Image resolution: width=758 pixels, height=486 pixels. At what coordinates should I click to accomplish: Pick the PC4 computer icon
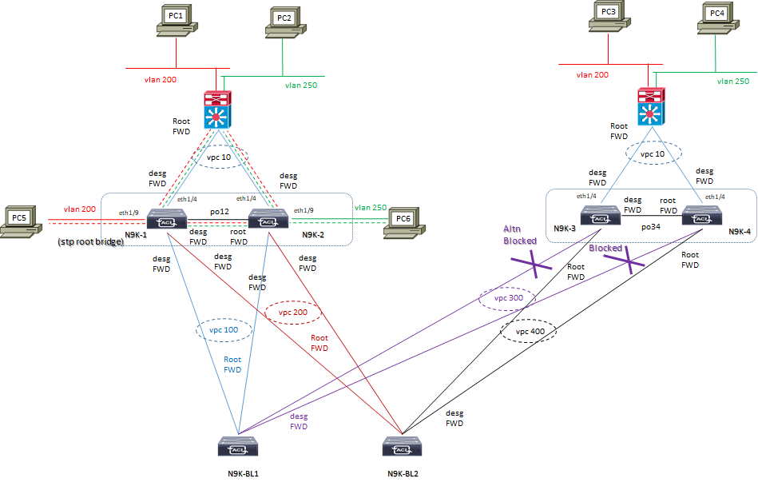tap(716, 18)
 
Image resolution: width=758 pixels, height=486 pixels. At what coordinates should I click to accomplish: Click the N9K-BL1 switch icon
tap(237, 446)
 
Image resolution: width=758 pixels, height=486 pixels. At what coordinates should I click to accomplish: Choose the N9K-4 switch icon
tap(702, 216)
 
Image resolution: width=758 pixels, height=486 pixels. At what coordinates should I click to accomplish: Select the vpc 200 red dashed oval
tap(287, 312)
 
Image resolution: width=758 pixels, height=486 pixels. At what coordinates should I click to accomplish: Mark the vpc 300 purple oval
tap(506, 298)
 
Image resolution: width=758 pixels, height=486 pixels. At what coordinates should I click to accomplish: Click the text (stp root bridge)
tap(90, 241)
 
